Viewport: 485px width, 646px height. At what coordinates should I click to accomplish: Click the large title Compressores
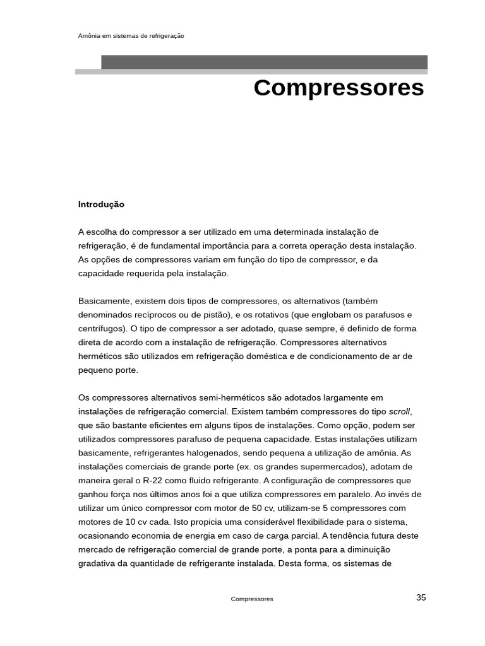coord(338,88)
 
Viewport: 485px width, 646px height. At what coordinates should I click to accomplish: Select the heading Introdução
coord(101,204)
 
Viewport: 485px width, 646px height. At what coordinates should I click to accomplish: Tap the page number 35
coord(421,597)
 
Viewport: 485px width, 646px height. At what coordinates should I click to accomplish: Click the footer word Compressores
coord(252,599)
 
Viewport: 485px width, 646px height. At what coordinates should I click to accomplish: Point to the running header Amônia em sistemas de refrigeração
coord(131,36)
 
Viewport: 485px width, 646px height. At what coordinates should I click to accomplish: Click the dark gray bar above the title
coord(264,62)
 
